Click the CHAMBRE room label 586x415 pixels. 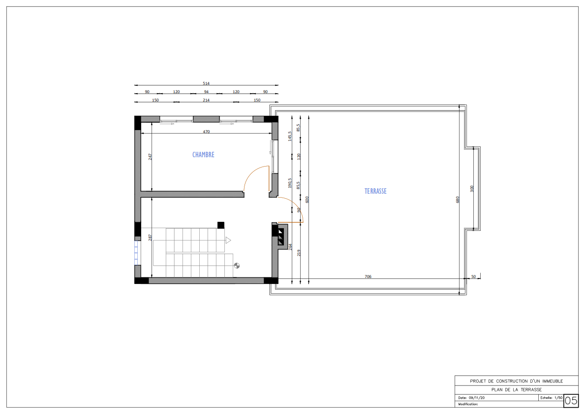203,155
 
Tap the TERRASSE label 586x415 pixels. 375,191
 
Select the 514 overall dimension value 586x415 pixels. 206,83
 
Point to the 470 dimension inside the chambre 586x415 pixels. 206,132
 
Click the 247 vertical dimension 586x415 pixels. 150,157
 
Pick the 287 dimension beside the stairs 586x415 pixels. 150,237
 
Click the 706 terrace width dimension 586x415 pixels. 368,277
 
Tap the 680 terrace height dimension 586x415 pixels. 458,200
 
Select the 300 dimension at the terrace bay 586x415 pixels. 472,189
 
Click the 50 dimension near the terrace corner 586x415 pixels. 473,277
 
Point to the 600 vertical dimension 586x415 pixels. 307,200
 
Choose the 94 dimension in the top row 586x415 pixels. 206,92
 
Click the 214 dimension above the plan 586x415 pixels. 206,100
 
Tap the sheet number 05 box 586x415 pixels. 571,401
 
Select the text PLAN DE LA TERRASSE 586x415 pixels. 517,389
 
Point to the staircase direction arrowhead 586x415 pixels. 228,240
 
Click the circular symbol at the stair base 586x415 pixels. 237,266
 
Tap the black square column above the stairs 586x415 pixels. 221,225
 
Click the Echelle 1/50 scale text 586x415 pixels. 551,398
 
